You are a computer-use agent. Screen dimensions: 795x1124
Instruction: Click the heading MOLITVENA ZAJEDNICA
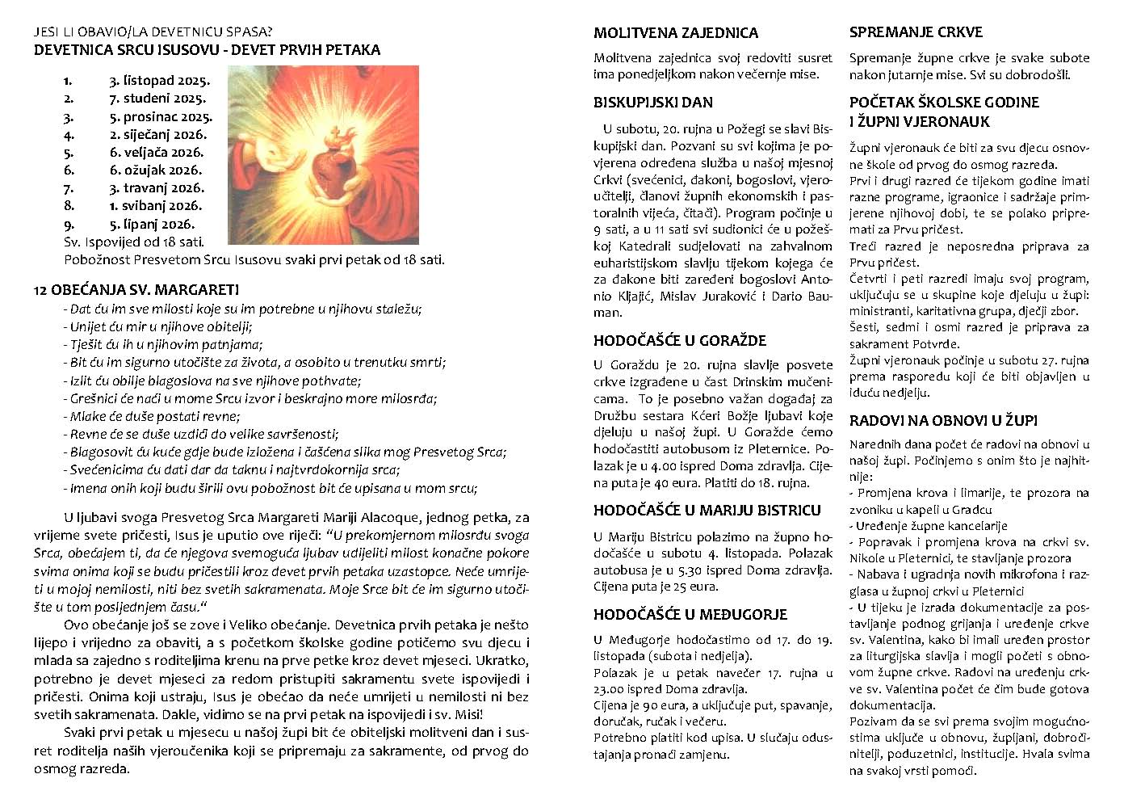(676, 33)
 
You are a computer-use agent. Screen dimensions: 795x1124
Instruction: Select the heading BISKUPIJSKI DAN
(653, 103)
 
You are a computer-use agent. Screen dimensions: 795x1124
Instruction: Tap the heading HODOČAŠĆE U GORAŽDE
(680, 341)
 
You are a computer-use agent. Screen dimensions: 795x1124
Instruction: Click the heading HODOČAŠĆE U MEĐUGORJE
(690, 615)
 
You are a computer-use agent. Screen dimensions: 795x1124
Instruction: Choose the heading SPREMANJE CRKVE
(916, 32)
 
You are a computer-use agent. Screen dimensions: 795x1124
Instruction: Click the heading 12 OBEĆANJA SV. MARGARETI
(136, 290)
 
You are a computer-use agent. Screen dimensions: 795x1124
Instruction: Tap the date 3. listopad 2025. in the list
(160, 81)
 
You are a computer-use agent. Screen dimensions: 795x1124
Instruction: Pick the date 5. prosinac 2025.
(161, 117)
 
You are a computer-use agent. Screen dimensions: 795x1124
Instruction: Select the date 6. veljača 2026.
(157, 153)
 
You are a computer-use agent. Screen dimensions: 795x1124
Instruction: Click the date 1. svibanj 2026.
(156, 206)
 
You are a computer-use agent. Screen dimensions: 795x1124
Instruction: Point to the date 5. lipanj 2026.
(153, 225)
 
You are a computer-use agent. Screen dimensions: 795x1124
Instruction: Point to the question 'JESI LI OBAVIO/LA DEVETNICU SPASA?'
(153, 32)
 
